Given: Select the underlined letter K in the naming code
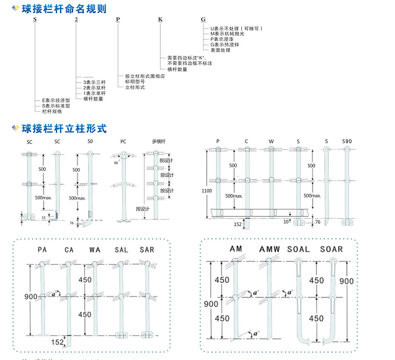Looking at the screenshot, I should tap(159, 20).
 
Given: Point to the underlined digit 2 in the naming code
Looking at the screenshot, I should tap(76, 20).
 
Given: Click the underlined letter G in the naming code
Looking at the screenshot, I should tap(203, 20).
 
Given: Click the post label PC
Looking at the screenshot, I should tap(123, 142).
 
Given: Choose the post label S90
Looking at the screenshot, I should tap(347, 142).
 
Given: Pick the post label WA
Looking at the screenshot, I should tap(95, 250).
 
